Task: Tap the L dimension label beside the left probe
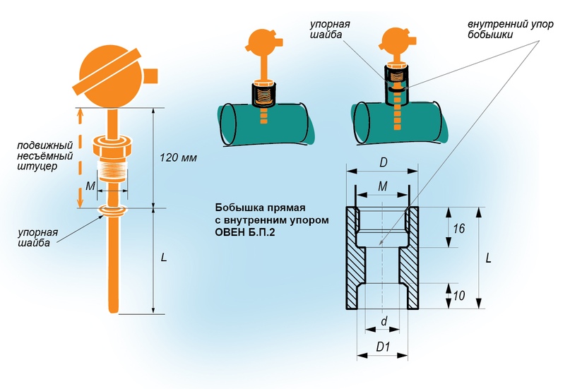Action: [164, 258]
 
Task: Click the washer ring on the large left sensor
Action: [112, 210]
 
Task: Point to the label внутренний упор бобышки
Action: [505, 29]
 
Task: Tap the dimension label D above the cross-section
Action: [383, 163]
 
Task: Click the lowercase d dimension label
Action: [384, 322]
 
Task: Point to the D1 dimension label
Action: [384, 347]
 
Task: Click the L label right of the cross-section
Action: [489, 258]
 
